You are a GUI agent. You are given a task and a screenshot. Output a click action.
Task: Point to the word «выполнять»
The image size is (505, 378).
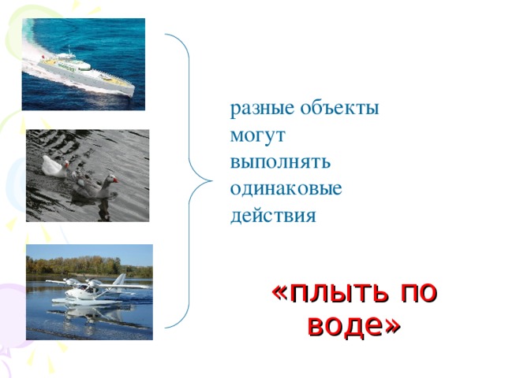click(280, 162)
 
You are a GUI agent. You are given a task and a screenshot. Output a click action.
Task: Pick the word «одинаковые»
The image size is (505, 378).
click(286, 189)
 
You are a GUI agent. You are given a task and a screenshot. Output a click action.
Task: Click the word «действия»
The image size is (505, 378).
click(272, 215)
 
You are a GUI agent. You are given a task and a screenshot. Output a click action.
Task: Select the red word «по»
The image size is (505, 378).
click(418, 293)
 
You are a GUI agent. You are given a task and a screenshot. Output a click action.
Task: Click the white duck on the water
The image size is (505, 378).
click(51, 165)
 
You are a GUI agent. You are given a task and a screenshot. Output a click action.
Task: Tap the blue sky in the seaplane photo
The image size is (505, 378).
click(87, 251)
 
